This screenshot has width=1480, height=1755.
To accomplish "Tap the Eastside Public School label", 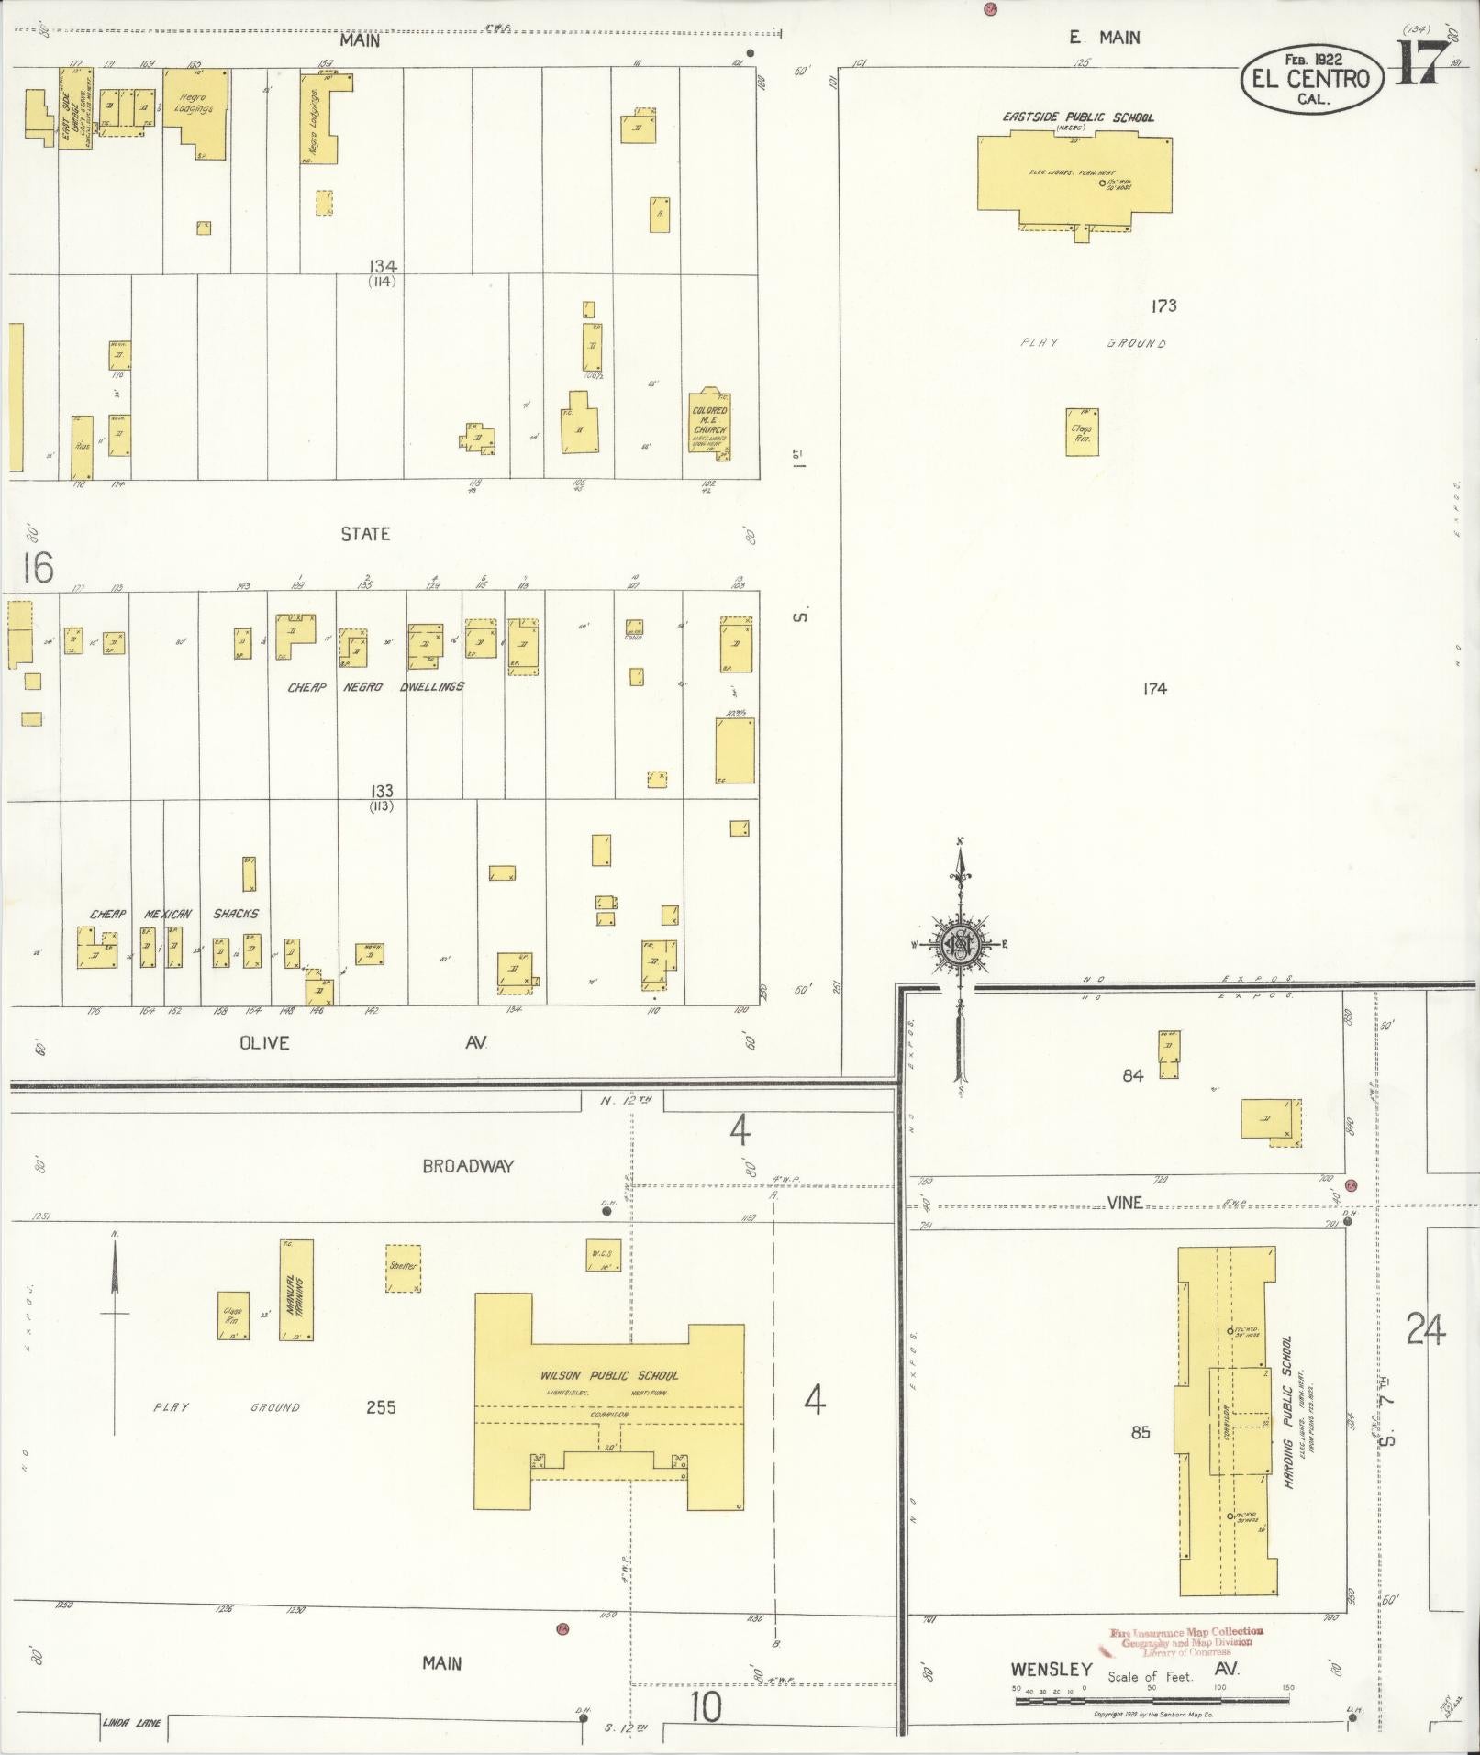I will coord(1077,117).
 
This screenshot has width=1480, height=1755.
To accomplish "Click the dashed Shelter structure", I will coord(403,1268).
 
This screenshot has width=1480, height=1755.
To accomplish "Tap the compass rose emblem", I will coord(960,945).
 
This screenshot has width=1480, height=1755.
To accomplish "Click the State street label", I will coord(365,534).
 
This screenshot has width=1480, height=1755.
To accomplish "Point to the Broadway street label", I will coord(468,1166).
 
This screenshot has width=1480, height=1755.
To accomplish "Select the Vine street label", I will coord(1124,1203).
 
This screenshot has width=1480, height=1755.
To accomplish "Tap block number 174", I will coord(1154,688).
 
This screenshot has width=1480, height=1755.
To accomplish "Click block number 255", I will coord(381,1432).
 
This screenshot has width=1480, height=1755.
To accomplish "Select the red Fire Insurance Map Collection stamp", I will coord(1185,1641).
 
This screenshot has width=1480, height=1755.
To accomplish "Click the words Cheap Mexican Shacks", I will coord(174,914).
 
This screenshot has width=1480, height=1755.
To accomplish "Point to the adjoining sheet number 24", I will coord(1426,1328).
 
